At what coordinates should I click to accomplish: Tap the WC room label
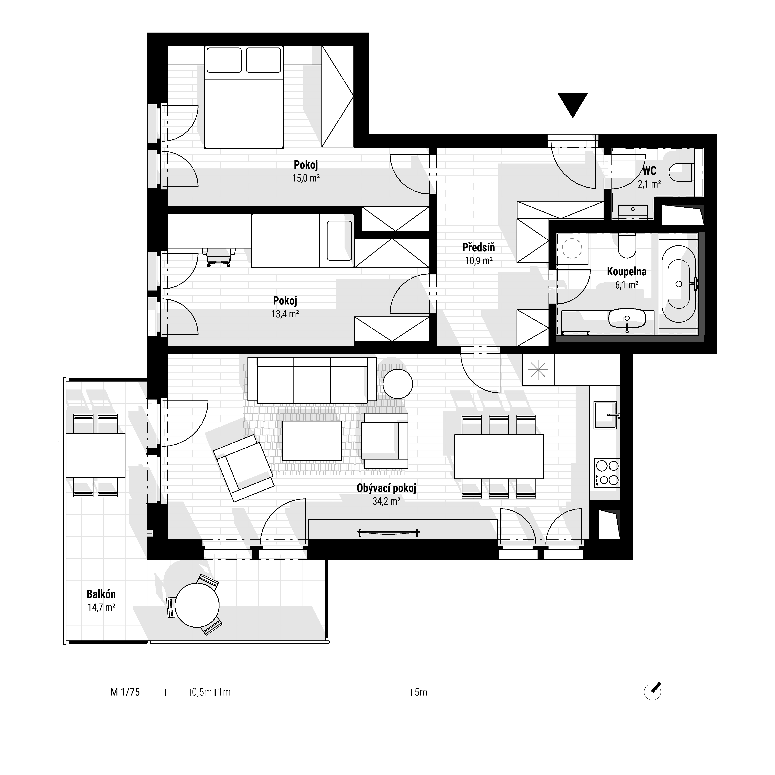pos(649,171)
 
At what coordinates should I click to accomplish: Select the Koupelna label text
pos(627,272)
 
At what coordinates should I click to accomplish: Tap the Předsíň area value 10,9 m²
pos(479,261)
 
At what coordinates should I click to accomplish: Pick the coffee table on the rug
pos(312,440)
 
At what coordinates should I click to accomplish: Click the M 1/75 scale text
pos(125,692)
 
